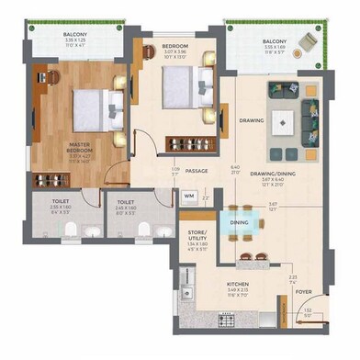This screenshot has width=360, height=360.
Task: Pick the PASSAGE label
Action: coord(197,170)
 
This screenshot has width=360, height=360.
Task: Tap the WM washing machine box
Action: coord(188,196)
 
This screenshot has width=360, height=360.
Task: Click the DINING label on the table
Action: coord(239,223)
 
